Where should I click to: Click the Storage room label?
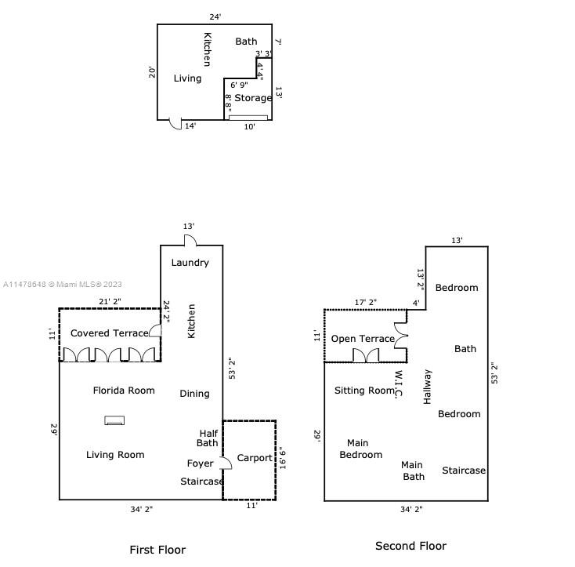253,98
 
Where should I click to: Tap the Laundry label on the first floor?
190,263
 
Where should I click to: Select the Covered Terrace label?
109,333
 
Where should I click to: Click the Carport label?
254,458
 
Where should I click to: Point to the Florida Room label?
124,391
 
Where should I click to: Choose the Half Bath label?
208,438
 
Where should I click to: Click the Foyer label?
200,463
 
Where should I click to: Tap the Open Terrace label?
363,339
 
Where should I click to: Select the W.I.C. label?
398,384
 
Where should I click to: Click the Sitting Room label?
365,391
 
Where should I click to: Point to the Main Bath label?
414,471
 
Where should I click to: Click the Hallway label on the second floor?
427,386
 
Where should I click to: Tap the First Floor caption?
157,550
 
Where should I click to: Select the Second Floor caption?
410,546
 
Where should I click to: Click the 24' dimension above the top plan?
215,16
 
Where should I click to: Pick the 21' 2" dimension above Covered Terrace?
110,301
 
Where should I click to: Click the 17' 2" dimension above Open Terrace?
365,301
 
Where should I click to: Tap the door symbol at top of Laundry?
190,240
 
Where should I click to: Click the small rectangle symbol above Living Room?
115,420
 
